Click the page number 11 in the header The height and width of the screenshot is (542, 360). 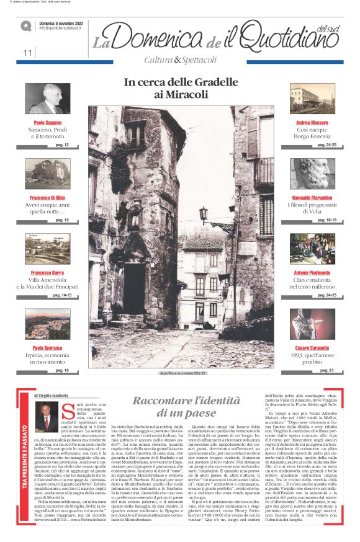27,53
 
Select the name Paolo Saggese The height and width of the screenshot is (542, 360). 48,123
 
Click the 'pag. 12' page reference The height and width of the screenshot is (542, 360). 62,144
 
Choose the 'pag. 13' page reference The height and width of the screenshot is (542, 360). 62,220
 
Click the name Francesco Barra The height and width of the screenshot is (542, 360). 48,273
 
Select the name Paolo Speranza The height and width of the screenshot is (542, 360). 48,348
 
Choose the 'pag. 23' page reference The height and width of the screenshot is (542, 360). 328,370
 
